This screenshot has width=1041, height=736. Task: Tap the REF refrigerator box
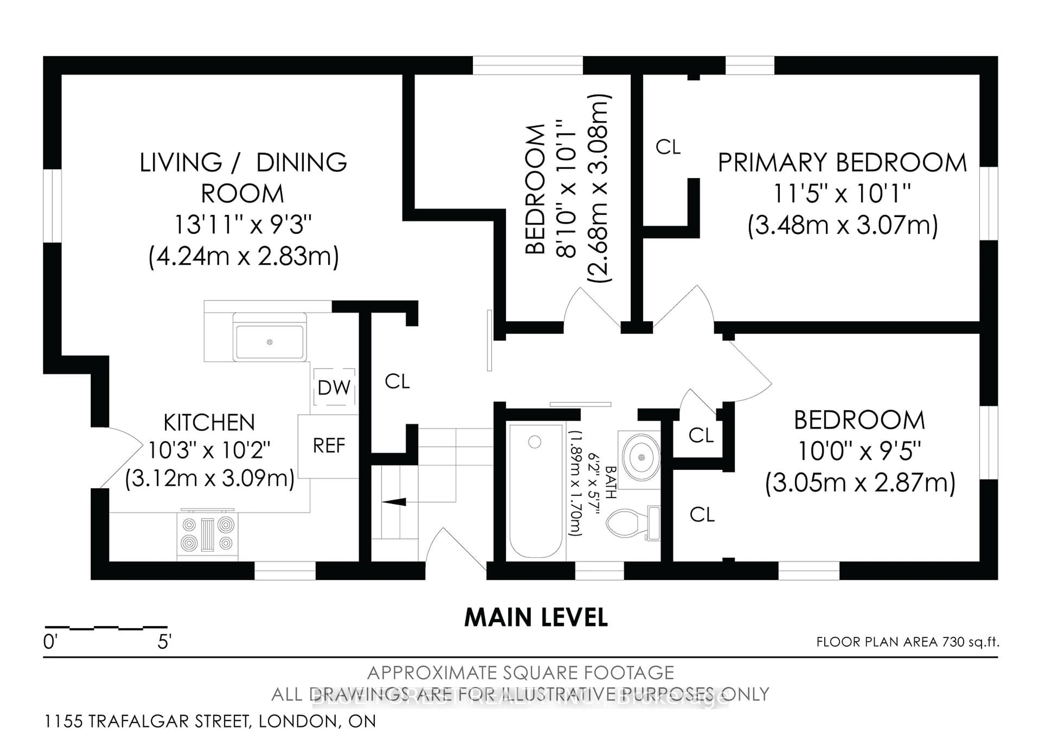329,446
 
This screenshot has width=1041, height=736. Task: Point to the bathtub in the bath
535,490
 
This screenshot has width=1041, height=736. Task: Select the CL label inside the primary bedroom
668,147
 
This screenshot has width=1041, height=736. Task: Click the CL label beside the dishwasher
397,382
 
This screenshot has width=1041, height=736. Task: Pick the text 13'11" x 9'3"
243,225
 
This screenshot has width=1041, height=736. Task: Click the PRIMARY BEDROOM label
842,163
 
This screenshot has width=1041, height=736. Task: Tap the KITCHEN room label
209,423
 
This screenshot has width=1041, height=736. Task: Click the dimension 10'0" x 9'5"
859,451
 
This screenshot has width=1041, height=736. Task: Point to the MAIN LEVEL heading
536,618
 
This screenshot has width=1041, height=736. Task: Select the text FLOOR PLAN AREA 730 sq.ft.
907,642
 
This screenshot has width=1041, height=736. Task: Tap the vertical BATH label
611,482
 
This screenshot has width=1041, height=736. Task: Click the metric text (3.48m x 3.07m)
842,225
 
